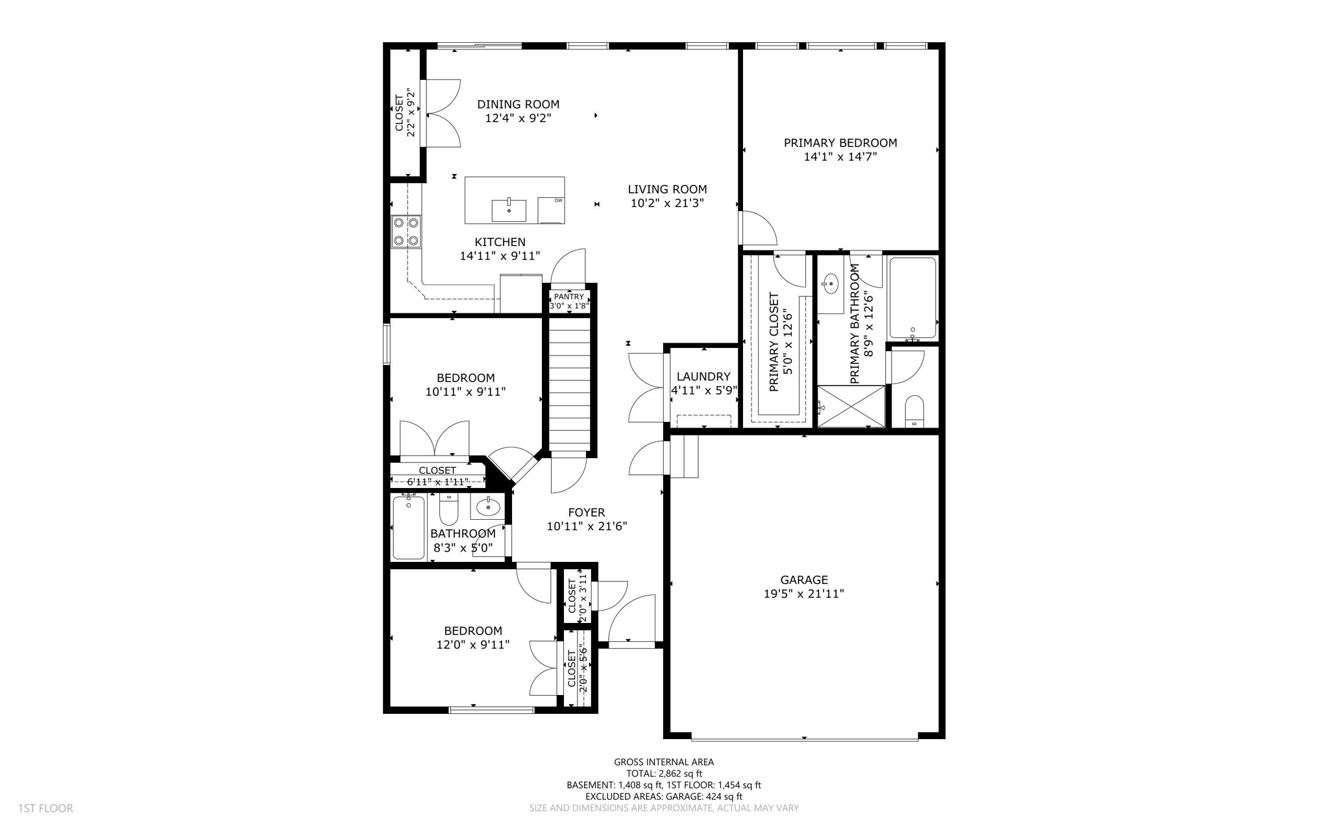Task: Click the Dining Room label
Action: pos(518,104)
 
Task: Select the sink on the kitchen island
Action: pos(509,210)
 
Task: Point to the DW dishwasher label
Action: pos(558,201)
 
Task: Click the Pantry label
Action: pos(569,297)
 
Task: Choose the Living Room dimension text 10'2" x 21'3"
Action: pos(667,203)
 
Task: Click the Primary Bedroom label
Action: pos(840,143)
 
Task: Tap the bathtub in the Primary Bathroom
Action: pos(912,298)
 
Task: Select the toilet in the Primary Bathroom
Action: pos(914,411)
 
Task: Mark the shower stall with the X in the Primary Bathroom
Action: pos(851,406)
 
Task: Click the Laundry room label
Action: pos(703,376)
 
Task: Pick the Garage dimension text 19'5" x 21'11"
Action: pos(804,594)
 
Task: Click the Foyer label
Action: pos(587,513)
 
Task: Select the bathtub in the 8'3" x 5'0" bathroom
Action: pos(409,527)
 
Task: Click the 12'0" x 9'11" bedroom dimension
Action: pos(473,644)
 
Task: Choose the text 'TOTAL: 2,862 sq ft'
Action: pos(664,774)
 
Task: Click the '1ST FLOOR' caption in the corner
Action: pos(45,808)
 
